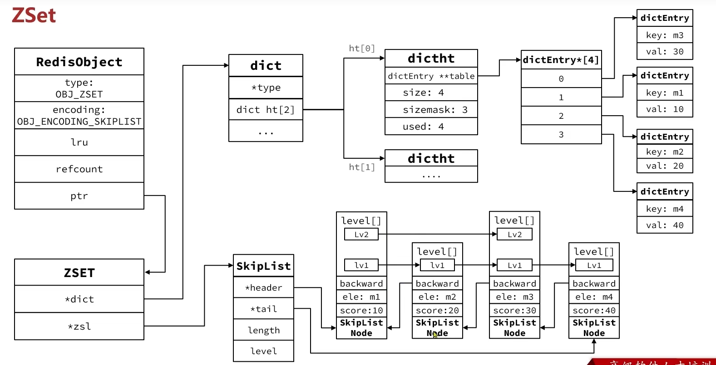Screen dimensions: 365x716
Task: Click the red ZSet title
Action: click(34, 15)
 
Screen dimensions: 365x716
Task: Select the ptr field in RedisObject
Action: click(79, 196)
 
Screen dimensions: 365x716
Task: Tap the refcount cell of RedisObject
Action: click(79, 169)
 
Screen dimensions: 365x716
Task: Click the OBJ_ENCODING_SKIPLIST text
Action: click(79, 122)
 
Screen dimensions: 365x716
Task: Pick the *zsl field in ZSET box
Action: click(79, 326)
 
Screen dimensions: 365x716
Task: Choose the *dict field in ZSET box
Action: click(79, 299)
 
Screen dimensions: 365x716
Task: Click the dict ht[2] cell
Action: click(266, 110)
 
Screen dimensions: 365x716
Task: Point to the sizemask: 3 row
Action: click(431, 110)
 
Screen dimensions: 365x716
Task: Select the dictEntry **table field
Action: click(431, 76)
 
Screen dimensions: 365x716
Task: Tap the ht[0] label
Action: click(361, 49)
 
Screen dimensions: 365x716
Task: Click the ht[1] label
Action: click(361, 167)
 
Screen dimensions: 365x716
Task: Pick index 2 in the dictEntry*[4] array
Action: click(561, 116)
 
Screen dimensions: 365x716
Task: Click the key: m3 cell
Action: click(665, 35)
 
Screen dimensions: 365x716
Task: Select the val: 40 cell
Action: click(665, 225)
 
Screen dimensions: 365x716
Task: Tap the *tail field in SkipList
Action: click(263, 309)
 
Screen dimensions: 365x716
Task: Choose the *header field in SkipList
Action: click(263, 288)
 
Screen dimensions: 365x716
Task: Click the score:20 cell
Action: click(437, 311)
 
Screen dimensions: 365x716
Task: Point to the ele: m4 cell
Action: click(594, 297)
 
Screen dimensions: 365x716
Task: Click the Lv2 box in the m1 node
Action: click(361, 234)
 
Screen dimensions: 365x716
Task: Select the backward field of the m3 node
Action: click(514, 284)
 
